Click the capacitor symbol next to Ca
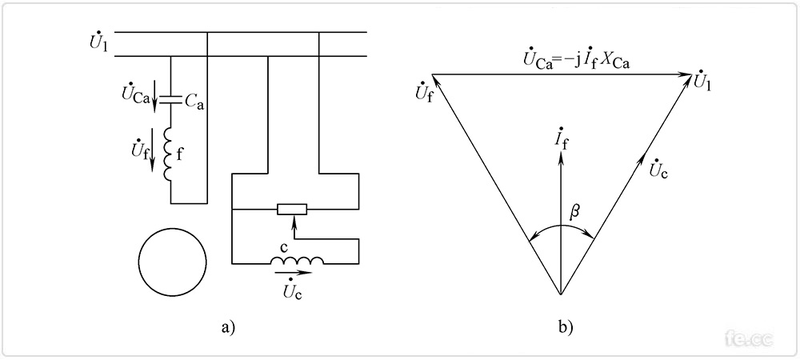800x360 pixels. click(x=170, y=100)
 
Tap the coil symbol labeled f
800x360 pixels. click(x=170, y=156)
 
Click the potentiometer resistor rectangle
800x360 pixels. click(x=292, y=210)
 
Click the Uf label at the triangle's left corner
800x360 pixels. click(x=426, y=90)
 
